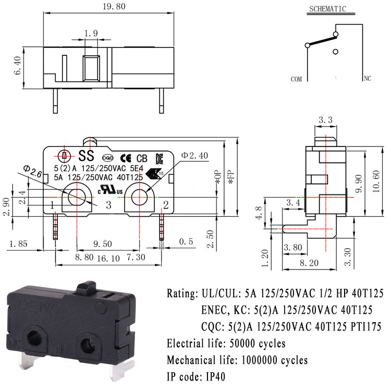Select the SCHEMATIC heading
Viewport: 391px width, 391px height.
(x=328, y=9)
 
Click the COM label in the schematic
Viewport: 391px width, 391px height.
(x=296, y=79)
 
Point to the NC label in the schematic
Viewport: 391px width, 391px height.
(x=367, y=79)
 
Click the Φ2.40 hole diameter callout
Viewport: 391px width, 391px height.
(x=195, y=155)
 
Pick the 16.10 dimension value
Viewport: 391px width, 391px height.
(x=108, y=258)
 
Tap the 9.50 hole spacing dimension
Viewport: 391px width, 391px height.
(x=103, y=243)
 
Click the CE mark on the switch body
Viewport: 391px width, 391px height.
(x=126, y=158)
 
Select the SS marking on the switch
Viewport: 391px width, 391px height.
(x=86, y=155)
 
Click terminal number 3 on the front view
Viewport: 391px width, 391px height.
(x=108, y=204)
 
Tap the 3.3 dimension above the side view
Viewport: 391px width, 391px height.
(x=325, y=120)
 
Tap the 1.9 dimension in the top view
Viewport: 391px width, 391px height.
(x=91, y=33)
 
